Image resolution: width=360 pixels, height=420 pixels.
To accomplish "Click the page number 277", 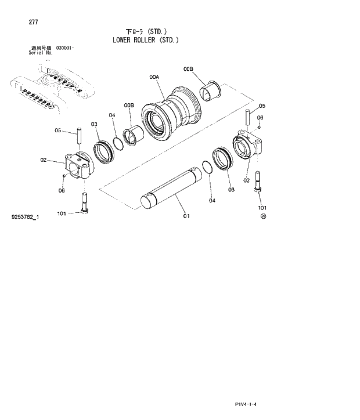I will (33, 23).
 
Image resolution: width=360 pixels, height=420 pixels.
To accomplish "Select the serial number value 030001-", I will (64, 48).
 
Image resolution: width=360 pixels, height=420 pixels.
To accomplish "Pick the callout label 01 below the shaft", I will (186, 216).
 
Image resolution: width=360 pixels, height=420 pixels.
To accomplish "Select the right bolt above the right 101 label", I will (258, 185).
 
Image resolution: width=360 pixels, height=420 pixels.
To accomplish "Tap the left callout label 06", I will (62, 190).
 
